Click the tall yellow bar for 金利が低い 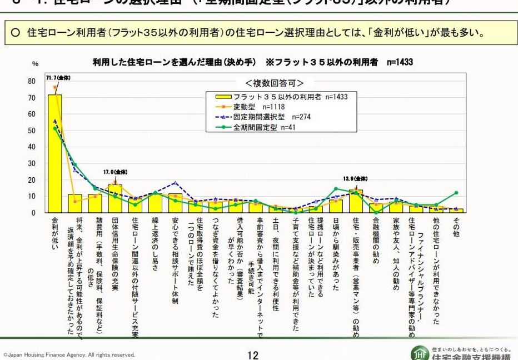pyautogui.click(x=54, y=156)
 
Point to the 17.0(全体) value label pyautogui.click(x=113, y=173)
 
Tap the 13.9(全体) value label pyautogui.click(x=356, y=178)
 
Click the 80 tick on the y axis pyautogui.click(x=32, y=81)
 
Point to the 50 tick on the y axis pyautogui.click(x=32, y=131)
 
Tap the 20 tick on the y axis pyautogui.click(x=32, y=180)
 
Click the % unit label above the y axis pyautogui.click(x=35, y=64)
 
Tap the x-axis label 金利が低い pyautogui.click(x=54, y=233)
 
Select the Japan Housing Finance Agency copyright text pyautogui.click(x=69, y=354)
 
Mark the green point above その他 pyautogui.click(x=456, y=193)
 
